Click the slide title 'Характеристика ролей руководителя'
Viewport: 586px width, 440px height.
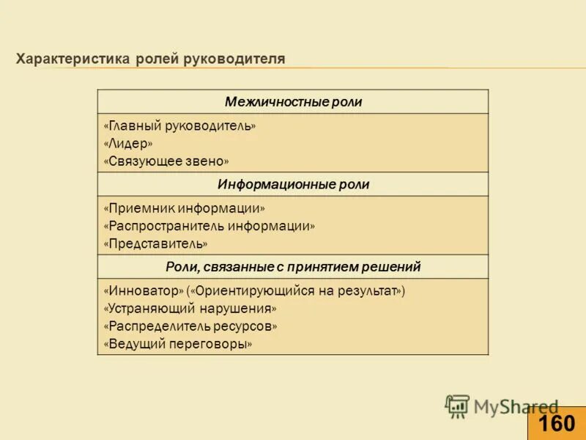[x=151, y=59]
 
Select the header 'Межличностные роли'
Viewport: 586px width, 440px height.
[x=293, y=102]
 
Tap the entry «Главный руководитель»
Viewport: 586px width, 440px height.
[x=180, y=126]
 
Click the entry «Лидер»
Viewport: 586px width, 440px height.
[x=128, y=143]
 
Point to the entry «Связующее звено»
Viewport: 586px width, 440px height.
[x=166, y=161]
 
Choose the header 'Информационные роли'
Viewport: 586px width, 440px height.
[x=293, y=185]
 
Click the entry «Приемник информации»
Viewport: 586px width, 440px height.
[x=185, y=208]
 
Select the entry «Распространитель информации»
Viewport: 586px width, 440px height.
[x=209, y=226]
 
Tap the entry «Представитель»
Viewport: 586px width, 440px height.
[x=156, y=243]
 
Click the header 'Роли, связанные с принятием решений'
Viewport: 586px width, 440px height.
[x=293, y=267]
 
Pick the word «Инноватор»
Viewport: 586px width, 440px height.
[x=144, y=290]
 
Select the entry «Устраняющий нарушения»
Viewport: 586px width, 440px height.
[x=190, y=309]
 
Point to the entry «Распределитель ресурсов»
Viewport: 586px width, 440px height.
[x=190, y=326]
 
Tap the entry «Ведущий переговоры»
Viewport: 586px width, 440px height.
[x=178, y=344]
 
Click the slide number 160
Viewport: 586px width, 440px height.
[x=557, y=424]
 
